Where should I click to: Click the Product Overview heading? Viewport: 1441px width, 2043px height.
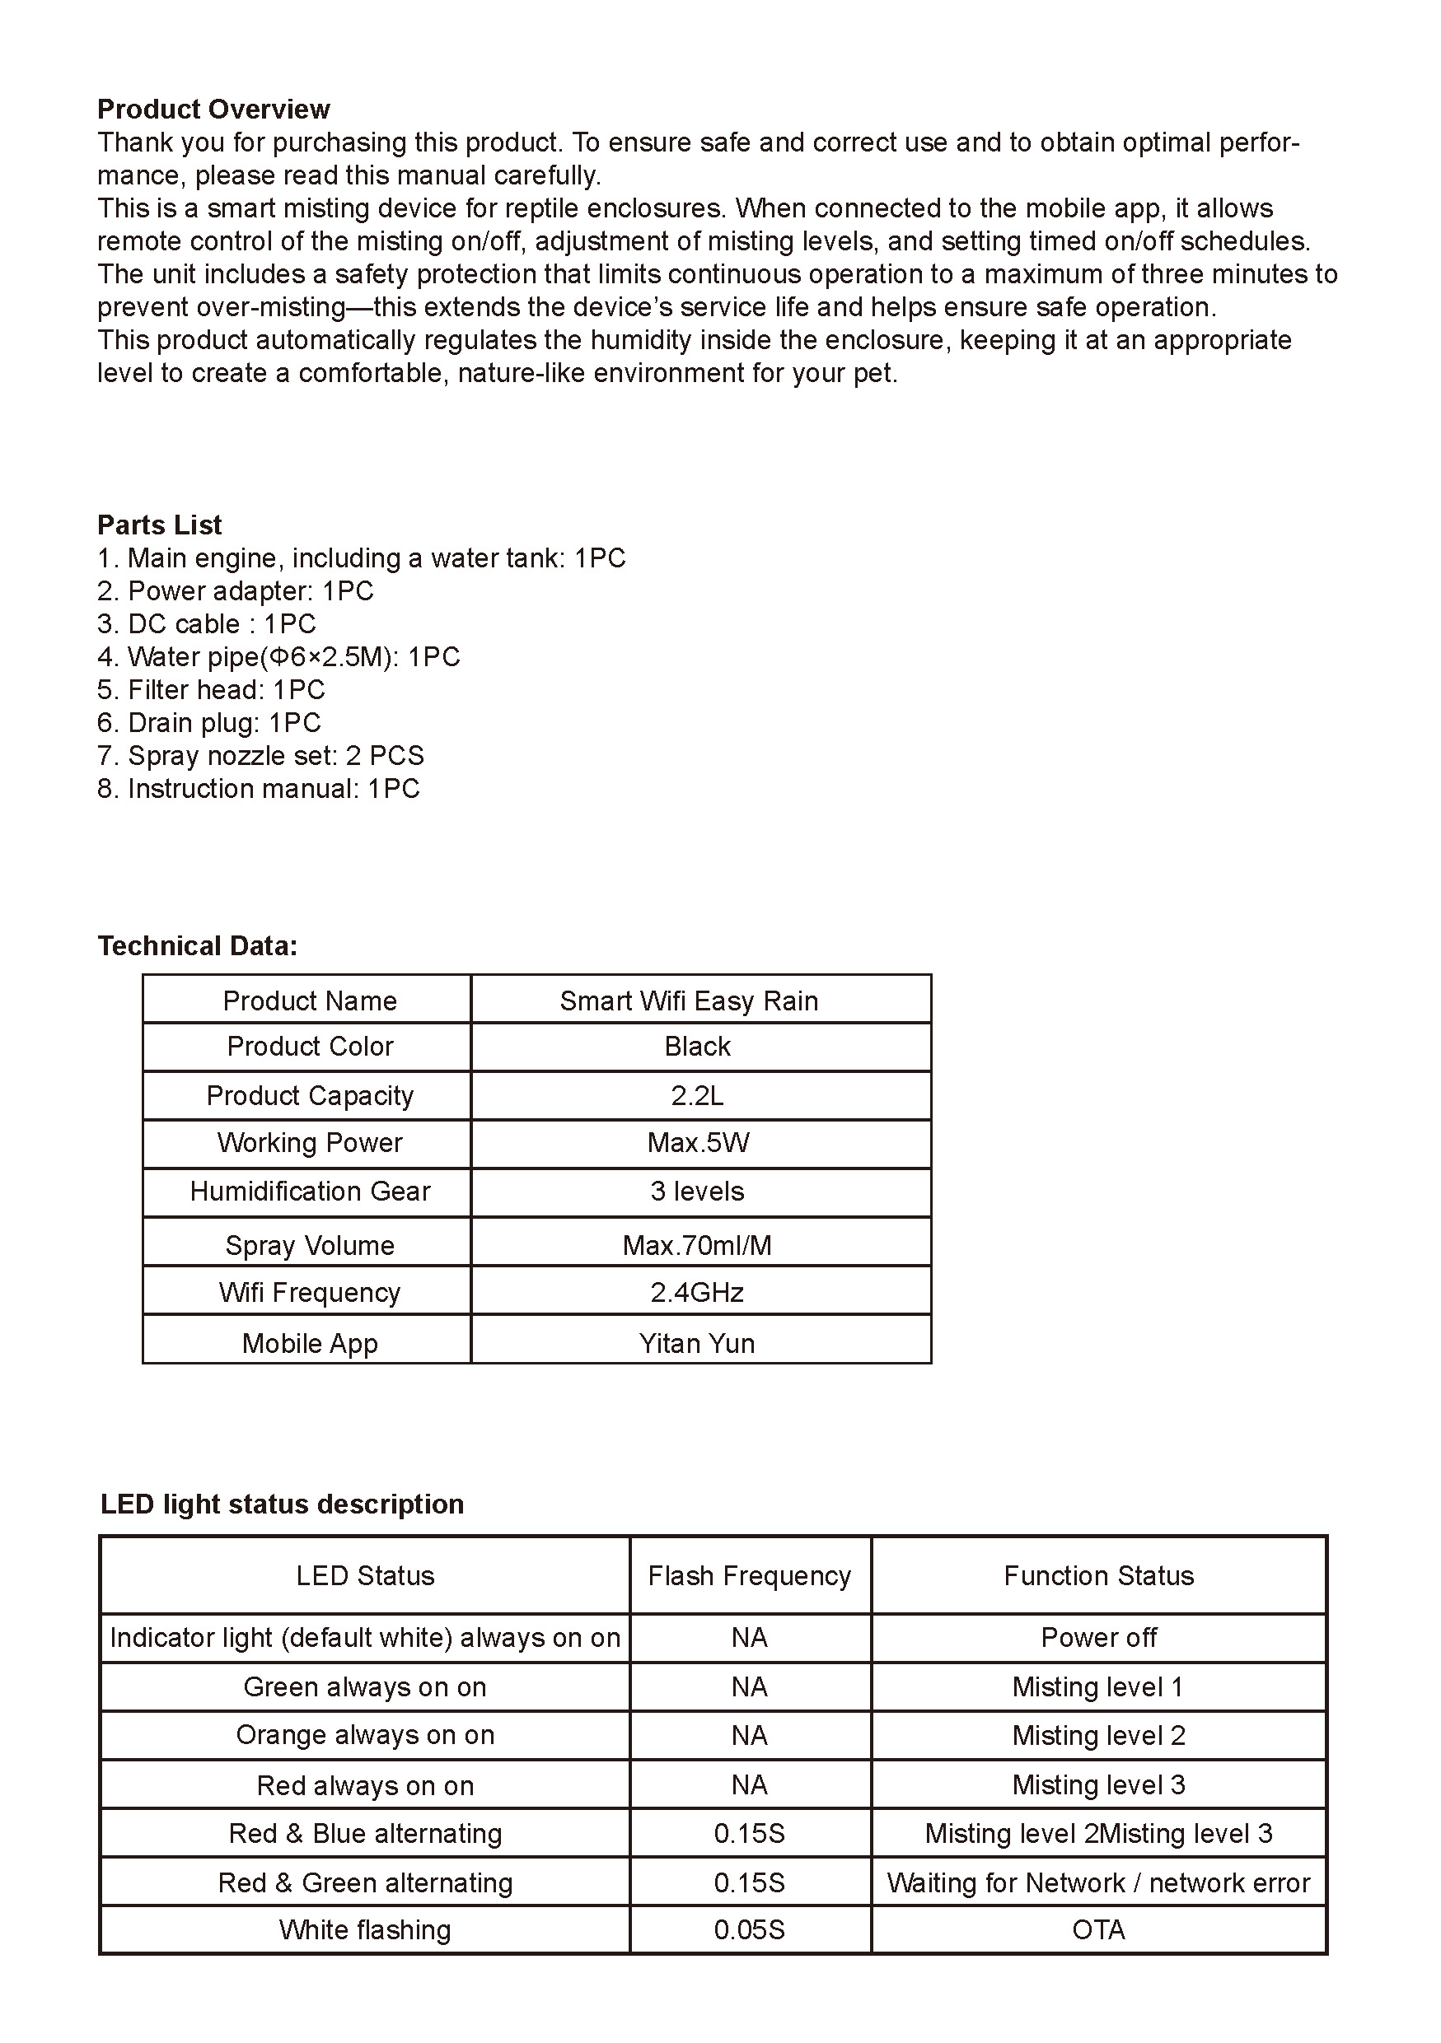[x=213, y=110]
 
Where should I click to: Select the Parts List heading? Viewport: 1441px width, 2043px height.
[x=159, y=525]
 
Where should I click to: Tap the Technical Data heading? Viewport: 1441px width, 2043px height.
[x=198, y=946]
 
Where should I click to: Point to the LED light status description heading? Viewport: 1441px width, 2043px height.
[x=282, y=1504]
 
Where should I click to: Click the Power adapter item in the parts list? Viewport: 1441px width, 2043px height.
[x=236, y=591]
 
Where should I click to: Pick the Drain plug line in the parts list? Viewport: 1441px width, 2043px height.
[x=209, y=722]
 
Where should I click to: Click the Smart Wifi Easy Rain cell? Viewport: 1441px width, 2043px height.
[x=689, y=1001]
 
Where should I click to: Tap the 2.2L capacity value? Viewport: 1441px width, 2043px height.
[x=697, y=1095]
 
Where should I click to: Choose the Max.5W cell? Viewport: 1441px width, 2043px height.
[x=698, y=1142]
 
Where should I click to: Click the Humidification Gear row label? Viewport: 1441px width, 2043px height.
[x=310, y=1192]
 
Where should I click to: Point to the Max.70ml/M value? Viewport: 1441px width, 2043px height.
[x=697, y=1245]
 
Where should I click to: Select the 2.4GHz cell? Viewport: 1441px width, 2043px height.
[x=697, y=1292]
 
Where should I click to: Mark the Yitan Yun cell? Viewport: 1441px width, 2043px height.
[x=697, y=1343]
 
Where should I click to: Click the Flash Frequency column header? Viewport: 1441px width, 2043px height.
[x=750, y=1576]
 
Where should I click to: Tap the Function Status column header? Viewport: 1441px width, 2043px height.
[x=1098, y=1576]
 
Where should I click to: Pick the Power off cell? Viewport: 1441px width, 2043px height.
[x=1098, y=1637]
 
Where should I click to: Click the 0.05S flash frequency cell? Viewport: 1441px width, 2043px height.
[x=750, y=1929]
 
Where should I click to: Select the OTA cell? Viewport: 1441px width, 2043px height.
[x=1098, y=1929]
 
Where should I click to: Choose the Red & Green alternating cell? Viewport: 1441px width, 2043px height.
[x=365, y=1882]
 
